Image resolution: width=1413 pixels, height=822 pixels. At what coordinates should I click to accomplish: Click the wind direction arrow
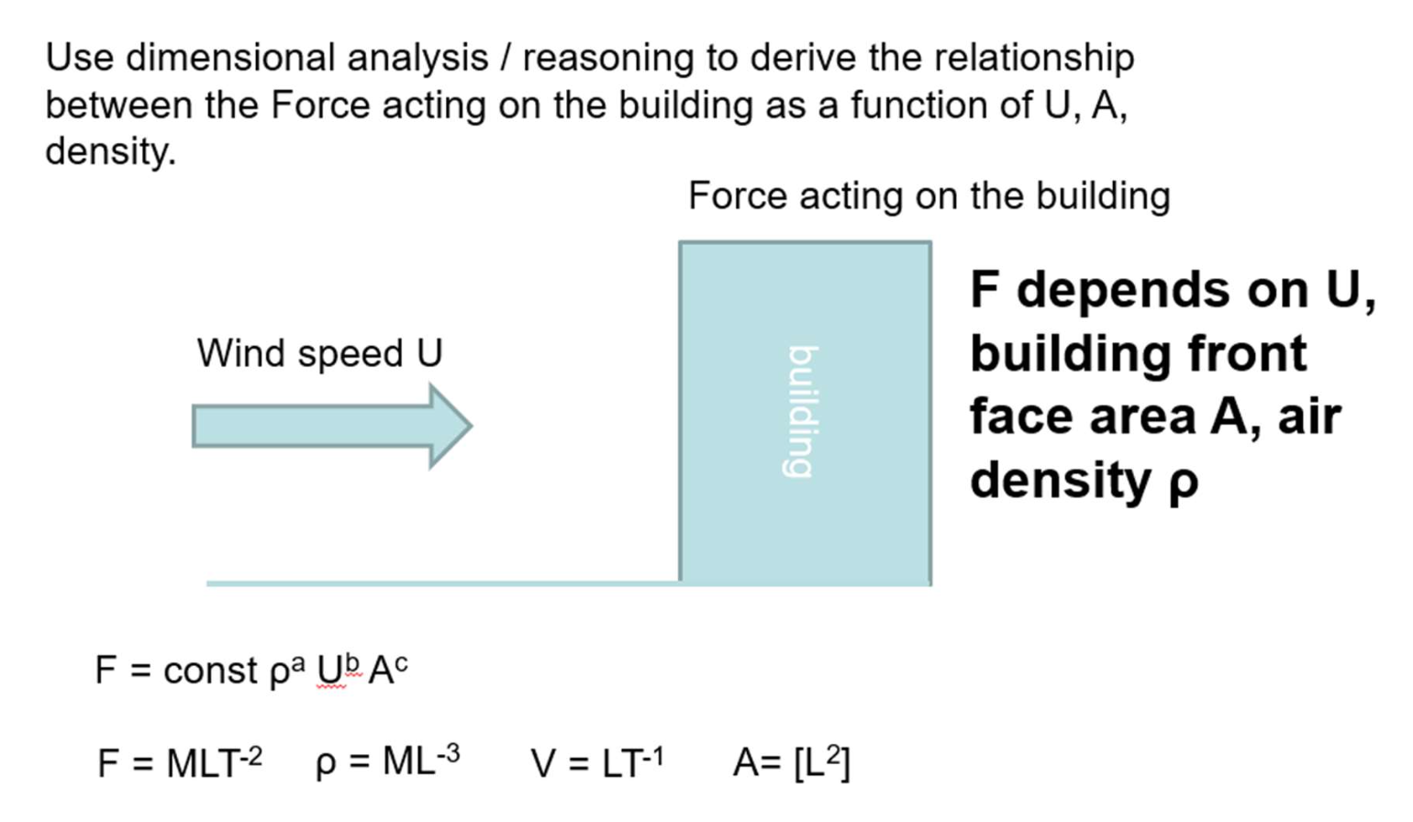point(330,427)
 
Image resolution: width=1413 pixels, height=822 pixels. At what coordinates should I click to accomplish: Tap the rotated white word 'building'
point(801,411)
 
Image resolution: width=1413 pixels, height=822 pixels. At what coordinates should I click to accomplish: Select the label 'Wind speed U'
point(319,353)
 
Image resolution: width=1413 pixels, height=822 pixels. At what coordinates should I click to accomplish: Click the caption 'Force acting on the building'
point(929,196)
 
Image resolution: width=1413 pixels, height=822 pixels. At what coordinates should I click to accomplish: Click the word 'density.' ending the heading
point(110,151)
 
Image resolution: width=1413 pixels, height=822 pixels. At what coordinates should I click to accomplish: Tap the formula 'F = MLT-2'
point(179,761)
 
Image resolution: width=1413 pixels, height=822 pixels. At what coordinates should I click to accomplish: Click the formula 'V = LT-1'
point(596,761)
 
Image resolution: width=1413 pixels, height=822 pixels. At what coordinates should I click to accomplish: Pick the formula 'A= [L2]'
point(791,761)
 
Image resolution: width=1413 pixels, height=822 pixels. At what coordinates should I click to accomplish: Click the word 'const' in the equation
point(210,671)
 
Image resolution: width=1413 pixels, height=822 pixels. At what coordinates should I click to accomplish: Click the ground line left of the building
point(440,583)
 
